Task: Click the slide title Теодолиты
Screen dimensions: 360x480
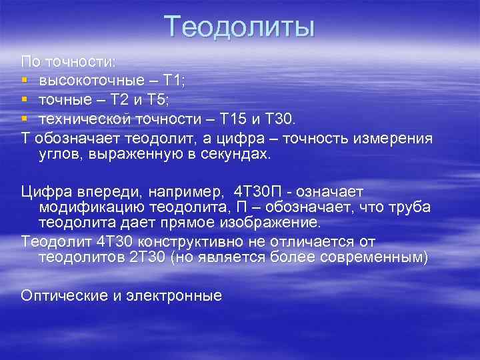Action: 239,27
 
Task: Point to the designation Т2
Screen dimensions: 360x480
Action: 121,100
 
